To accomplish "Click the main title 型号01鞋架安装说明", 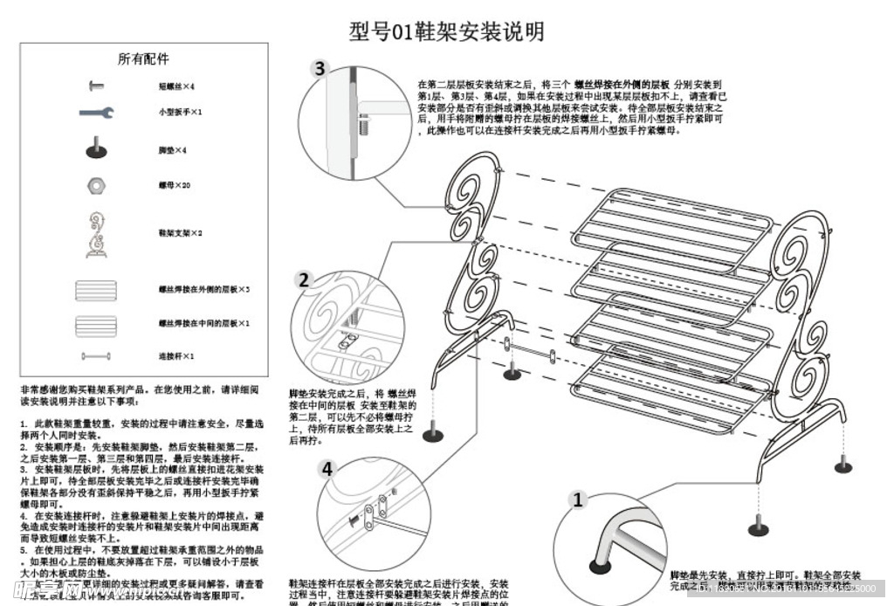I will pos(446,31).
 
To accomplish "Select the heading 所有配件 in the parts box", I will pos(143,59).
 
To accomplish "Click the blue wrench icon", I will pos(96,113).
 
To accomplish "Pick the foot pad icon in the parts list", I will pos(96,148).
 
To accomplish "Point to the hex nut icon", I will pos(96,186).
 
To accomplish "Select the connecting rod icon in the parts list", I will pos(96,356).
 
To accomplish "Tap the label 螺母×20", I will pos(175,186).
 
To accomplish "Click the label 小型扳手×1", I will pos(180,113).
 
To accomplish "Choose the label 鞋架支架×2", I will pos(180,233).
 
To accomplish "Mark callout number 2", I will pos(303,280).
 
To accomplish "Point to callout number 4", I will pos(327,469).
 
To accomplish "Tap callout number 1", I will pos(576,500).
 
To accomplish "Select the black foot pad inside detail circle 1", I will pos(600,566).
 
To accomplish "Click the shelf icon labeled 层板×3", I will pos(96,289).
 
